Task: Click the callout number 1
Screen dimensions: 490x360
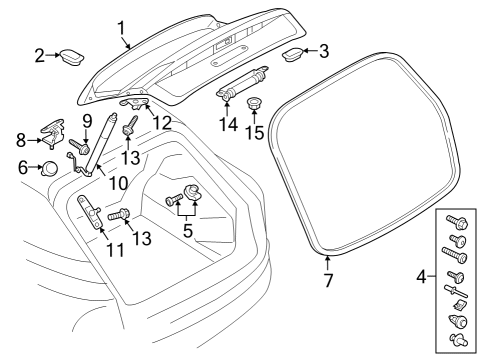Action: tap(122, 28)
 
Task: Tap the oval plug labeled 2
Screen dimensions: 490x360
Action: tap(72, 57)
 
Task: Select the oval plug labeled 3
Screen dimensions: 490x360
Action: tap(292, 54)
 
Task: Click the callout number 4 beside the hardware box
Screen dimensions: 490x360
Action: tap(421, 276)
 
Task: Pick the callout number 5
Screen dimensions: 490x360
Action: tap(188, 230)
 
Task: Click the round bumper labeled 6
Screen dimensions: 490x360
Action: tap(49, 168)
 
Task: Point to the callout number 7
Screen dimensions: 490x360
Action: tap(328, 280)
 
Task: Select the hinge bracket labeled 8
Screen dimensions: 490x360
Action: tap(52, 133)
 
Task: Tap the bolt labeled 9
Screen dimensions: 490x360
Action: tap(79, 147)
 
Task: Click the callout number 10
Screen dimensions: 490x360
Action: tap(119, 183)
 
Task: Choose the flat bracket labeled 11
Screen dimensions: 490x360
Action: tap(90, 212)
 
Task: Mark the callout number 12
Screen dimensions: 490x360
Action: tap(162, 123)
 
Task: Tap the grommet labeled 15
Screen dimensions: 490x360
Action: tap(254, 103)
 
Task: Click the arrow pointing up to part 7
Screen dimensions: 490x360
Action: tap(328, 263)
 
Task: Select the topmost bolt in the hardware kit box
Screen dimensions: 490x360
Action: tap(457, 221)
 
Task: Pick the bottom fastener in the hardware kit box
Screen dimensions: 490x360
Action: tap(459, 339)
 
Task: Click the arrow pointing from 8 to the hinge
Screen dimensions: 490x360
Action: tap(34, 140)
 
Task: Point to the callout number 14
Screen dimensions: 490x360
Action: tap(229, 125)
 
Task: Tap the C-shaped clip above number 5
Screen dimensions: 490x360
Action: tap(192, 192)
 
